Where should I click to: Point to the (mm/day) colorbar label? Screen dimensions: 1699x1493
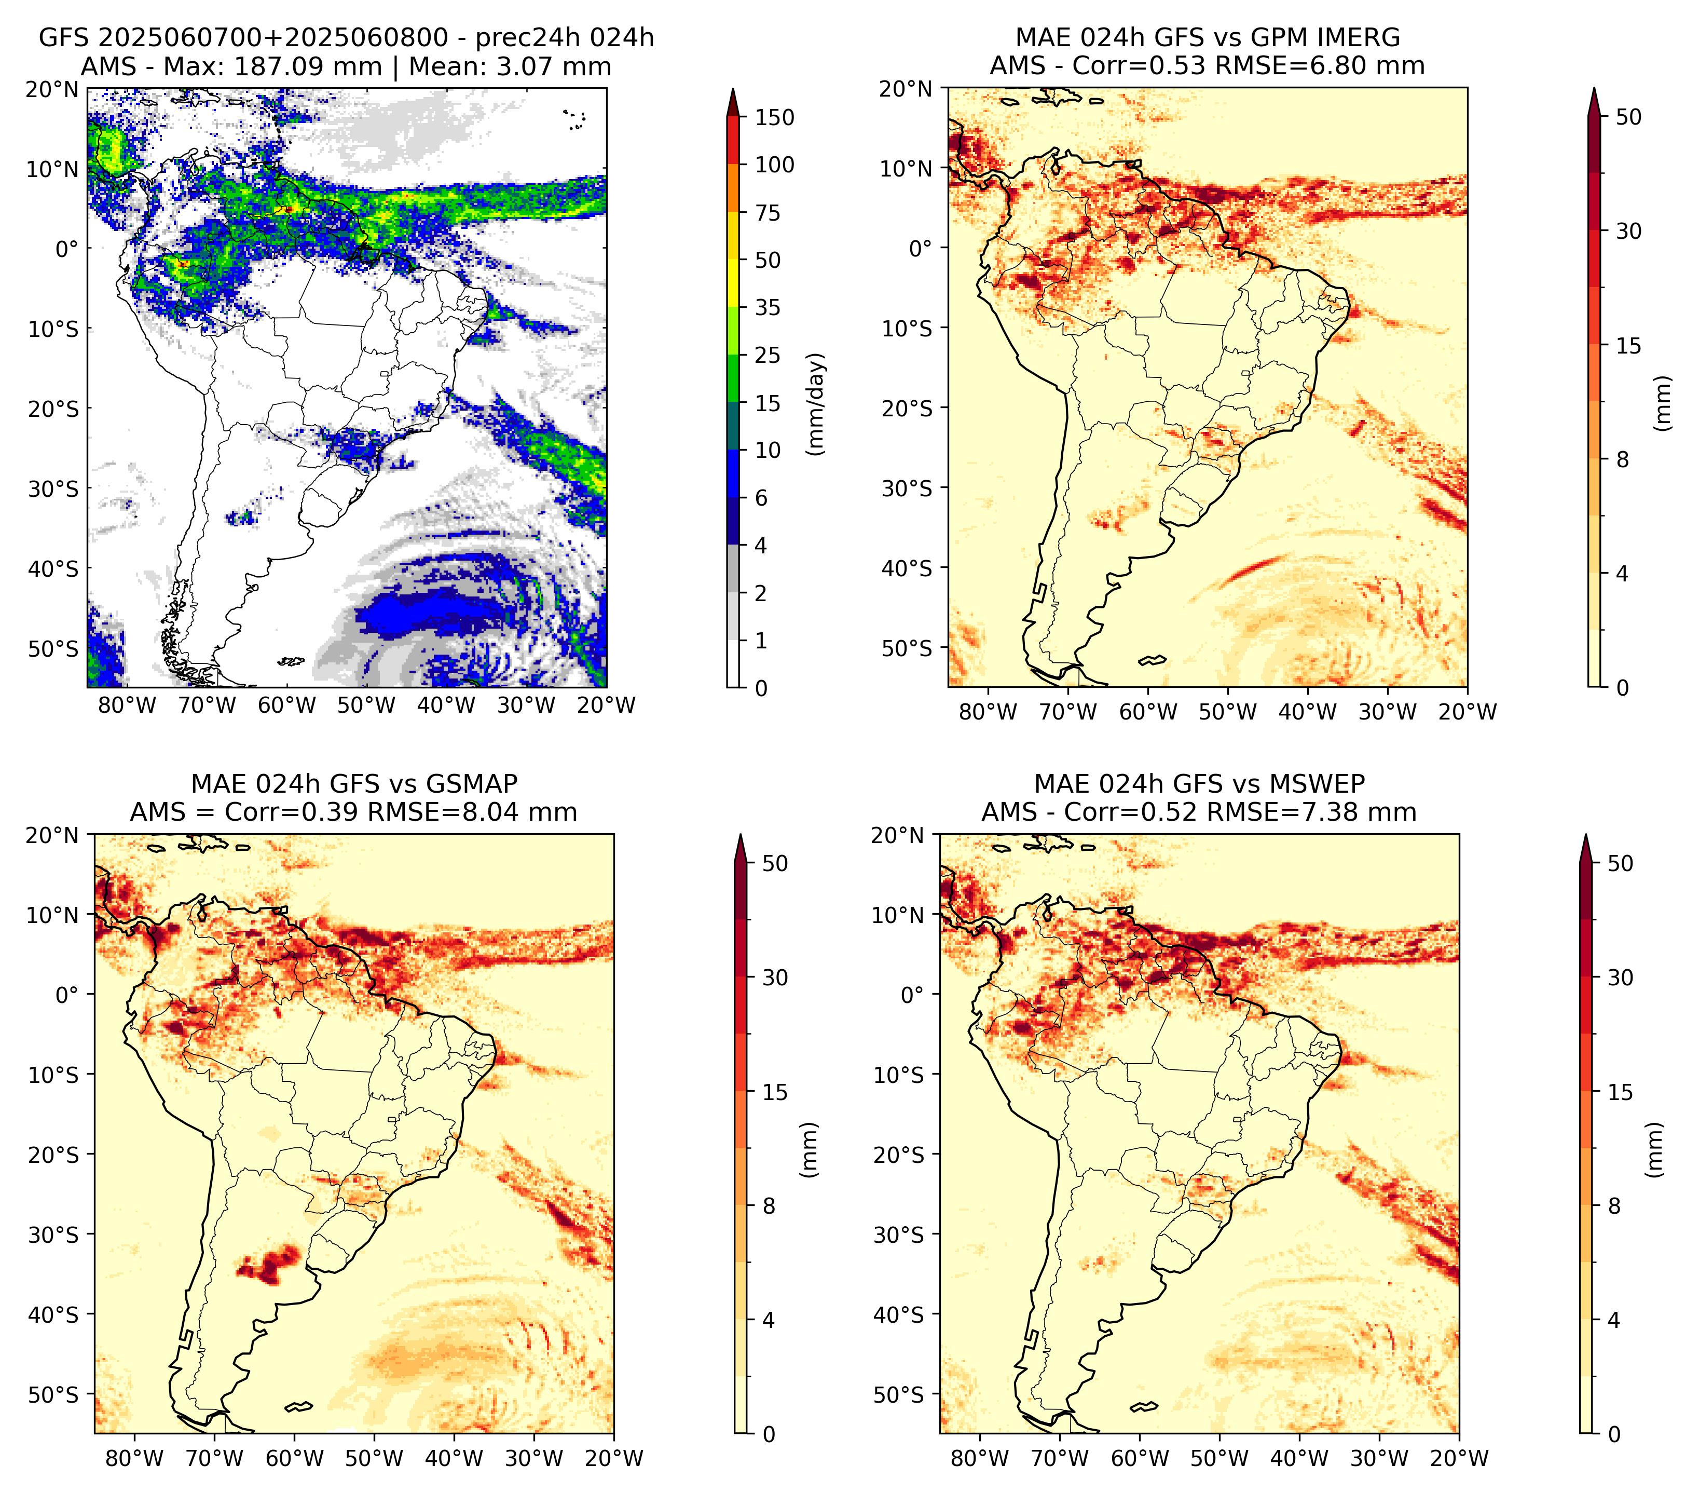tap(818, 404)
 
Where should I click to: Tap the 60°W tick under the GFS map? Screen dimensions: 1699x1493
tap(287, 705)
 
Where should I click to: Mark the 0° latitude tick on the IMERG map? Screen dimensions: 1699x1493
tap(921, 248)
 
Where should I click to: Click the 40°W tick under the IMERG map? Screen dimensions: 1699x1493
tap(1308, 712)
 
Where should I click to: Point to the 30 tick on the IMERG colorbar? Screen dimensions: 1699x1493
tap(1629, 230)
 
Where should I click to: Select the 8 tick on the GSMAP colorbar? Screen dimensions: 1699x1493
tap(769, 1205)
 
